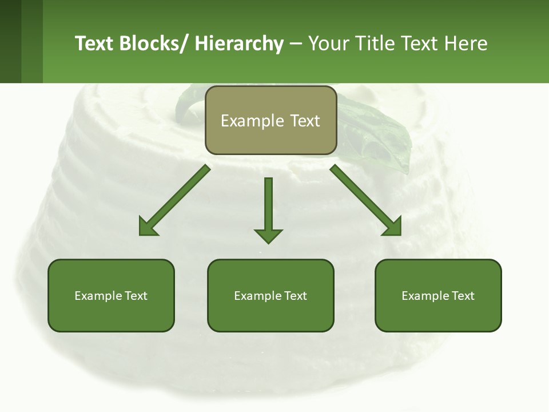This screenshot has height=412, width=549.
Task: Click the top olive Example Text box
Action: pos(270,120)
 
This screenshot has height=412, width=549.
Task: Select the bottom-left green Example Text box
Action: pos(111,296)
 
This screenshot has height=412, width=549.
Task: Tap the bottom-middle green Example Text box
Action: pos(270,296)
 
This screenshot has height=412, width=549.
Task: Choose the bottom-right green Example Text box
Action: pos(438,296)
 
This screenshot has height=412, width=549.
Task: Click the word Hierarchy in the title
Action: pos(238,43)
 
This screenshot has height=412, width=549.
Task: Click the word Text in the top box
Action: pos(304,121)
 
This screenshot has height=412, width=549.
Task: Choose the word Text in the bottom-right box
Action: pos(463,296)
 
